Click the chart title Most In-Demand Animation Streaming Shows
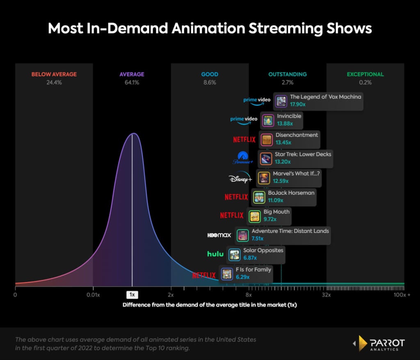(x=210, y=28)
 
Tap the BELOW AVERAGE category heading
(x=54, y=74)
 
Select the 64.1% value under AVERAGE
(x=132, y=82)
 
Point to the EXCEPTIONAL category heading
(x=365, y=74)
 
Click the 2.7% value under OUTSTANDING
(x=287, y=82)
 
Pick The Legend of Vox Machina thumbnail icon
(x=281, y=101)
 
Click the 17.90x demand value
(x=298, y=105)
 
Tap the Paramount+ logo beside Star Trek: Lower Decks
(x=244, y=159)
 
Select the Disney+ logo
(x=240, y=178)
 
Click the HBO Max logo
(x=219, y=235)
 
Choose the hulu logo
(x=215, y=254)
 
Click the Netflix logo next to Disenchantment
(x=244, y=139)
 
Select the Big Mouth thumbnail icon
(x=255, y=216)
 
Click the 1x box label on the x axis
(x=132, y=295)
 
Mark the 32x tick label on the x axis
(x=326, y=295)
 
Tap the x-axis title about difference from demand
(x=210, y=305)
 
